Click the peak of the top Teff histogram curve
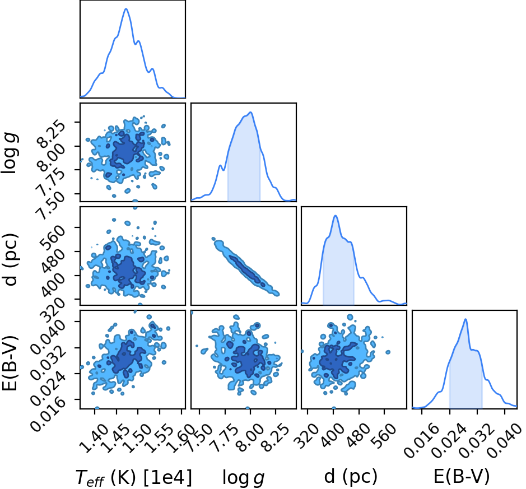point(126,9)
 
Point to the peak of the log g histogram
point(251,113)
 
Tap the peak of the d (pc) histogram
point(336,216)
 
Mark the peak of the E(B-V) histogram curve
point(466,319)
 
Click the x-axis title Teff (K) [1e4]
point(134,477)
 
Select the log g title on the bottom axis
point(244,477)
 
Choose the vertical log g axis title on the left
point(10,152)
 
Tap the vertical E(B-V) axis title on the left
point(10,363)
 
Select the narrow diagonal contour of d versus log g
point(245,267)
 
